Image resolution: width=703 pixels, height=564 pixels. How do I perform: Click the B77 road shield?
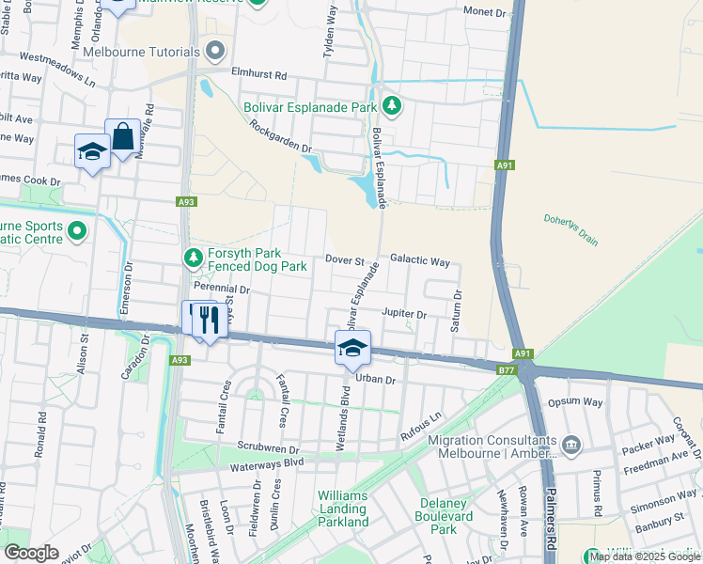(x=507, y=370)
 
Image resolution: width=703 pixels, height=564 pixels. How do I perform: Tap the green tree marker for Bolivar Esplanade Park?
(x=392, y=107)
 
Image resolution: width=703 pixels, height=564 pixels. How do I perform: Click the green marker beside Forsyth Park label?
(x=193, y=257)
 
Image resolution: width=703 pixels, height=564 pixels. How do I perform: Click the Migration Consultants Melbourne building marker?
(x=570, y=443)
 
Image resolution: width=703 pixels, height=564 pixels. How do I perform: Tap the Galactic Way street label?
(x=420, y=260)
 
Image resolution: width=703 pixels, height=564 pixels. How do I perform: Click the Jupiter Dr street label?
(x=404, y=313)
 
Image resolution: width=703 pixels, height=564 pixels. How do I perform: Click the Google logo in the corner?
(x=31, y=553)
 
